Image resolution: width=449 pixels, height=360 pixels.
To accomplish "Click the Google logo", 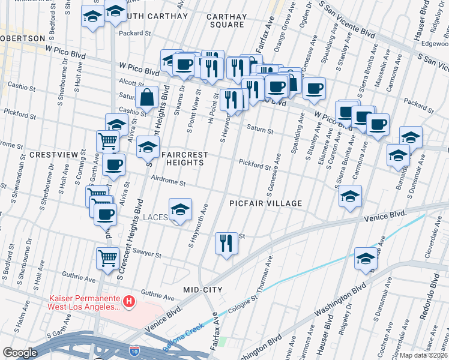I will coord(20,353).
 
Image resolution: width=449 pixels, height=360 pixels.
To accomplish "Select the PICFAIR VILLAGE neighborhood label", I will coord(266,203).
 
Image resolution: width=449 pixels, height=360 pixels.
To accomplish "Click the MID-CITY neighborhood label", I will coord(203,290).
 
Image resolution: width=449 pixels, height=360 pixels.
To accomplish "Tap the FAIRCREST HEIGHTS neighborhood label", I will coord(185,158).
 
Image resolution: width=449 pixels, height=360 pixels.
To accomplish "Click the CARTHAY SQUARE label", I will coord(227,20).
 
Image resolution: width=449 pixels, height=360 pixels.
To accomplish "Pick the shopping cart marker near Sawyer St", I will coord(107,258).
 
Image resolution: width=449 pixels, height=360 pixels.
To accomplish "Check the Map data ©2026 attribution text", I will coord(423,355).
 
